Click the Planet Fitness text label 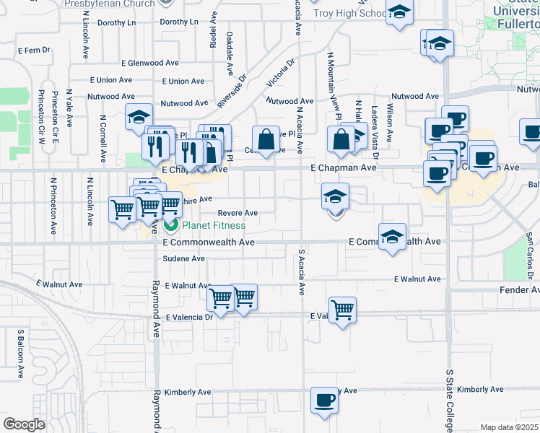point(214,226)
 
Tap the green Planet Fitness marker point(172,226)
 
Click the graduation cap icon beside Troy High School point(399,13)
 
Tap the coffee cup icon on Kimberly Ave point(324,399)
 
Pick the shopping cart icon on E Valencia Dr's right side point(342,310)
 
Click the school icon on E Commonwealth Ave point(391,238)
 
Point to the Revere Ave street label point(238,213)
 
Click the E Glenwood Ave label point(150,64)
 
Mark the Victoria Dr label point(281,75)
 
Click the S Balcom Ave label point(20,355)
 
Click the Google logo point(25,424)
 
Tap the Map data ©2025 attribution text point(510,427)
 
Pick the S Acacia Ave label point(301,273)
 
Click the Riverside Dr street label point(232,91)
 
